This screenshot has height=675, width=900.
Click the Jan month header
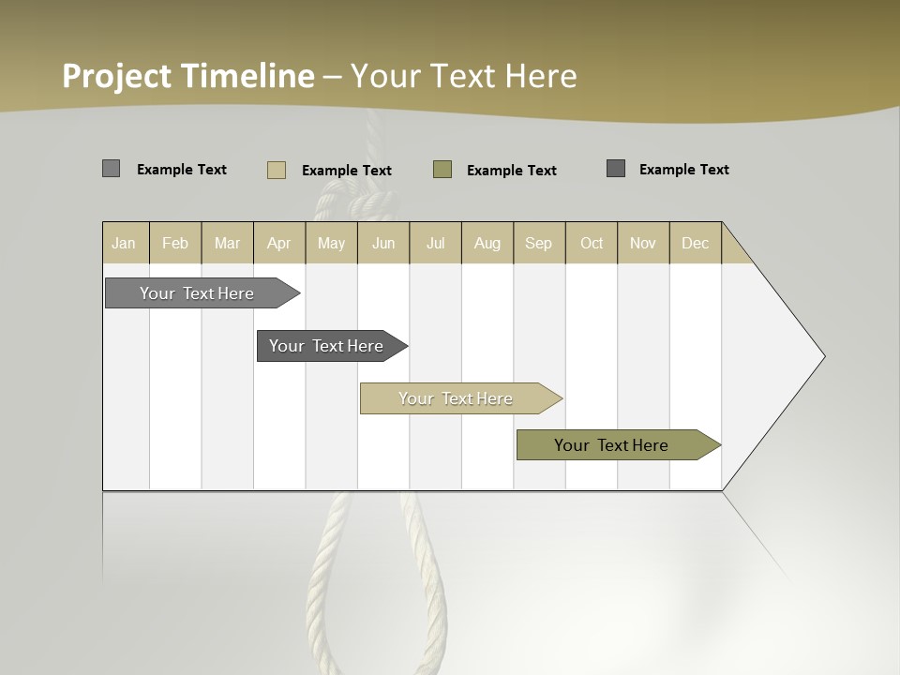click(x=125, y=243)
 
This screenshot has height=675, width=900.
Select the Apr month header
click(x=279, y=243)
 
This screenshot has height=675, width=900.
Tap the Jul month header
click(x=435, y=243)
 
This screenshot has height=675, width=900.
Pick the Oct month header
click(x=592, y=243)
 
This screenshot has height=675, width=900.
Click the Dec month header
click(x=695, y=243)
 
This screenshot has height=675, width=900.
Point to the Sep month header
click(x=539, y=243)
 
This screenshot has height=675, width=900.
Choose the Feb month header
click(x=175, y=243)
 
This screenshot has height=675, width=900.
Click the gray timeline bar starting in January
click(x=198, y=293)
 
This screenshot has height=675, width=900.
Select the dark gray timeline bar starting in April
click(x=327, y=346)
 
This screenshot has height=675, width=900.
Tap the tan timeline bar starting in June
click(x=457, y=398)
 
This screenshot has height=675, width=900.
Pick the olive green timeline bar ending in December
click(x=612, y=445)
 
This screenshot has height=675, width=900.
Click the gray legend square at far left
click(x=111, y=169)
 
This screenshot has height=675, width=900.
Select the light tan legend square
click(x=277, y=170)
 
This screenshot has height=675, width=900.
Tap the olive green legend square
click(x=442, y=170)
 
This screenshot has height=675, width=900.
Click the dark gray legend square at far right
click(x=616, y=169)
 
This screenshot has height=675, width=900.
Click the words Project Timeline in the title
click(x=187, y=76)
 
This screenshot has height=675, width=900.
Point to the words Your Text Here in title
click(x=464, y=76)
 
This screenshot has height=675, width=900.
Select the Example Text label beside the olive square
click(x=512, y=171)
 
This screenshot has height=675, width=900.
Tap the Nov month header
click(x=643, y=243)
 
